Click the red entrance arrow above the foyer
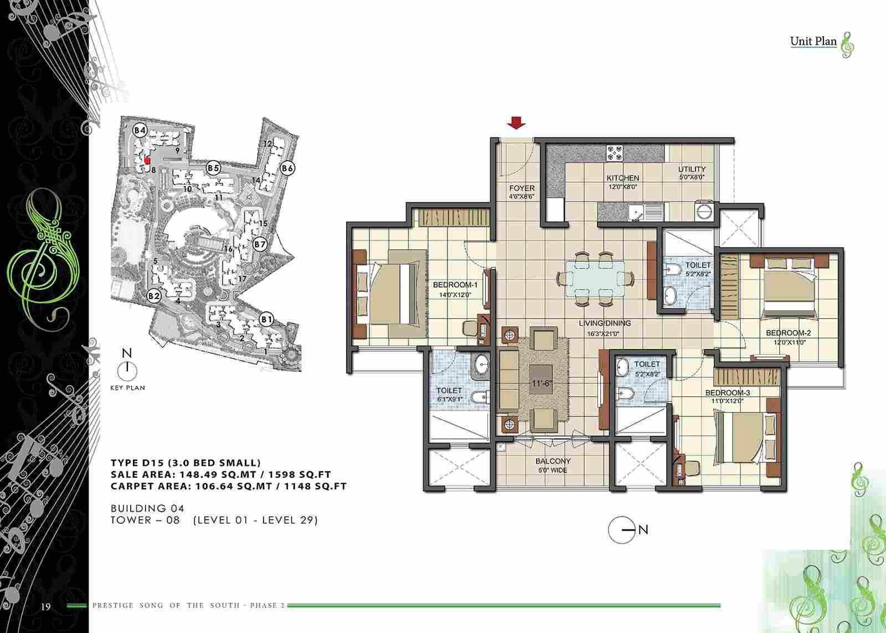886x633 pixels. coord(516,122)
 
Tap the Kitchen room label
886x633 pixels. coord(623,178)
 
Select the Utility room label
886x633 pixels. coord(692,169)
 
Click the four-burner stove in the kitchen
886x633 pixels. coord(614,153)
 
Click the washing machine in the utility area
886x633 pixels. coord(704,211)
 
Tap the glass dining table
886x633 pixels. coord(595,278)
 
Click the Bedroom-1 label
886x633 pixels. coord(455,285)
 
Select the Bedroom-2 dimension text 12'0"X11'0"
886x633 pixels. coord(790,343)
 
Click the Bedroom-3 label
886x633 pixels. coord(728,393)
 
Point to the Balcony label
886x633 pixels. coord(553,461)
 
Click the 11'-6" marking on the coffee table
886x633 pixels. coord(542,383)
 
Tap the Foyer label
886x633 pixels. coord(522,188)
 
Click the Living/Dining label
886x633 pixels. coord(605,323)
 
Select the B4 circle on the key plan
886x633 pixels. coord(140,130)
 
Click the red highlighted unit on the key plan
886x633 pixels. coord(147,159)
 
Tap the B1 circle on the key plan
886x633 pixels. coord(266,319)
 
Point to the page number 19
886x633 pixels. coord(45,606)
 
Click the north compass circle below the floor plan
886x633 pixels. coord(621,530)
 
